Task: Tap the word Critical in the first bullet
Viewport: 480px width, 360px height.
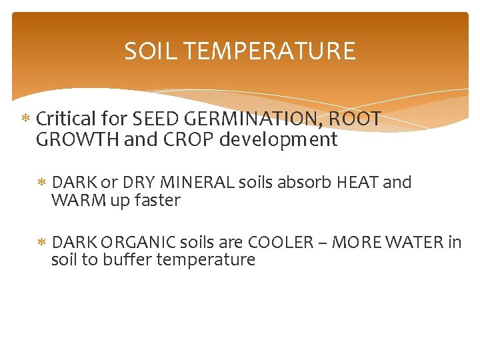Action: coord(65,119)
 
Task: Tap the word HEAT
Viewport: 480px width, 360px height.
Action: coord(361,182)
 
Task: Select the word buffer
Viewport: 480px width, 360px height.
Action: coord(127,259)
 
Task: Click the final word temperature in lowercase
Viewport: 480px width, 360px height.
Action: coord(205,259)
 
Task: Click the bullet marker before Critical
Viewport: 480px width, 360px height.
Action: coord(26,120)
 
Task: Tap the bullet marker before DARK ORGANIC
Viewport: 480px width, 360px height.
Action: coord(41,243)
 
